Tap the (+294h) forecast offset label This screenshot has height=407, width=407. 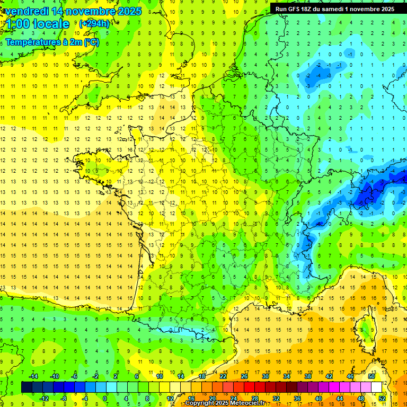(x=94, y=24)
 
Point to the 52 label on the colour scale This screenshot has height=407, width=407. (x=382, y=399)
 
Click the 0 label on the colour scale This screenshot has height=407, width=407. (x=105, y=399)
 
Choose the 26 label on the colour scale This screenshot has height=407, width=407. (x=244, y=376)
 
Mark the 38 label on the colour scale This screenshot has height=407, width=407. (x=307, y=376)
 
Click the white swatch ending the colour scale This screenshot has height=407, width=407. (x=376, y=387)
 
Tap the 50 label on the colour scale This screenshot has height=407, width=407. (x=371, y=376)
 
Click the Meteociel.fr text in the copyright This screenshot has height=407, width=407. (x=241, y=403)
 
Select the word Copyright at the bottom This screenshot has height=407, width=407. (x=200, y=403)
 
